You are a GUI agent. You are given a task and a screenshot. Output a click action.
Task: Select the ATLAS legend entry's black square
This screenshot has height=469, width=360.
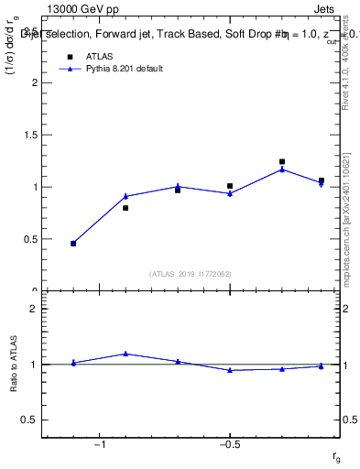pyautogui.click(x=69, y=56)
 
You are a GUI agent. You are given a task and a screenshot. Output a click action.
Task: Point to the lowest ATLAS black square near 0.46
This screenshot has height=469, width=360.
pyautogui.click(x=73, y=243)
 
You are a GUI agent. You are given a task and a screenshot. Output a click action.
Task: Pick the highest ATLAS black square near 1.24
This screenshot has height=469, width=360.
pyautogui.click(x=282, y=162)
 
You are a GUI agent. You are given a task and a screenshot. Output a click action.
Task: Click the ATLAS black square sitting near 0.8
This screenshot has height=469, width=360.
pyautogui.click(x=125, y=208)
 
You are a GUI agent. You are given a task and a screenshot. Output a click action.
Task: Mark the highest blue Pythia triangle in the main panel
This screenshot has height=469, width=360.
pyautogui.click(x=282, y=169)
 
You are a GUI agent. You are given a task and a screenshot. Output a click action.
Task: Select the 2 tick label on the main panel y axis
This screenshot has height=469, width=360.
pyautogui.click(x=34, y=82)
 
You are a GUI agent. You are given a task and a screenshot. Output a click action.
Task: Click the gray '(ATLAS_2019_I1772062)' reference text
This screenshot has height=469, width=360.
pyautogui.click(x=191, y=274)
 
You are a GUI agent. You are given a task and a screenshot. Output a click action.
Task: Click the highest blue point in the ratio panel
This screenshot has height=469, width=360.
pyautogui.click(x=125, y=354)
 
